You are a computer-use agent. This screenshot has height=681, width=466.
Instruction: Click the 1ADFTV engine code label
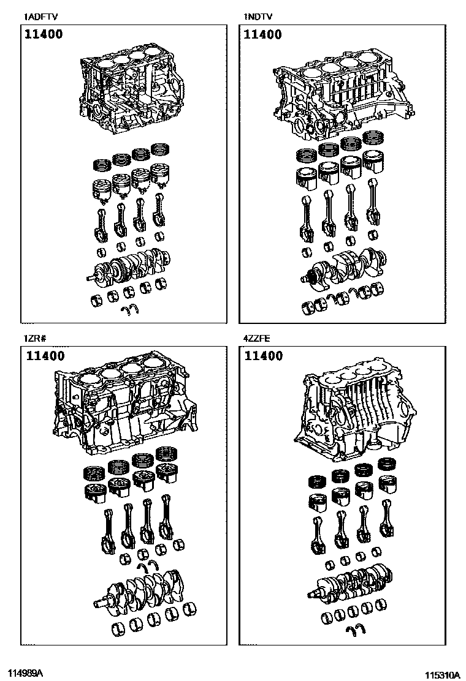[40, 17]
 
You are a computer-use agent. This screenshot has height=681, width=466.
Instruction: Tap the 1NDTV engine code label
[258, 17]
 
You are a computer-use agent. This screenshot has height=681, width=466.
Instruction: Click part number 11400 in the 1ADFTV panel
[44, 34]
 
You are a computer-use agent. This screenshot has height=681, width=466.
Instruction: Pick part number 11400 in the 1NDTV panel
[262, 34]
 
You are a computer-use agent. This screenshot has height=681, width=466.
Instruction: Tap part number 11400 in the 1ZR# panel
[45, 356]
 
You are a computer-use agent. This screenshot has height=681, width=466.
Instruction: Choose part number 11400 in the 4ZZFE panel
[264, 356]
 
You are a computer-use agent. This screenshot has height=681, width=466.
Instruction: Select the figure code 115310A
[442, 675]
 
